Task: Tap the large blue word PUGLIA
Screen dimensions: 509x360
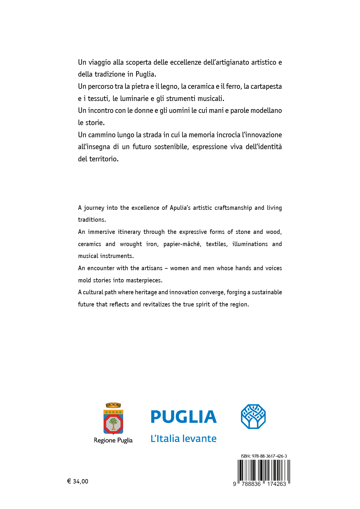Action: coord(183,417)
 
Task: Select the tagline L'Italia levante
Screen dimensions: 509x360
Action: coord(183,438)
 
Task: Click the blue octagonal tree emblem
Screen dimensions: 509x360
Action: coord(253,416)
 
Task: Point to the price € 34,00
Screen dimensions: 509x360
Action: coord(78,481)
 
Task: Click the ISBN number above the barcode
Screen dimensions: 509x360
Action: coord(264,456)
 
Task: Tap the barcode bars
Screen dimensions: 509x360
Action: coord(264,470)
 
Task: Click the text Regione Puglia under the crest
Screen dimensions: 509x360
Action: coord(113,440)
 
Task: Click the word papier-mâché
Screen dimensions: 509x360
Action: coord(182,244)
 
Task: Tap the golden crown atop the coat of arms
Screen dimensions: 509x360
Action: coord(113,405)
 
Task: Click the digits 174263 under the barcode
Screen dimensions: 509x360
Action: coord(276,484)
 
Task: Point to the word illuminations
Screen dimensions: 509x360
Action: coord(250,244)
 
